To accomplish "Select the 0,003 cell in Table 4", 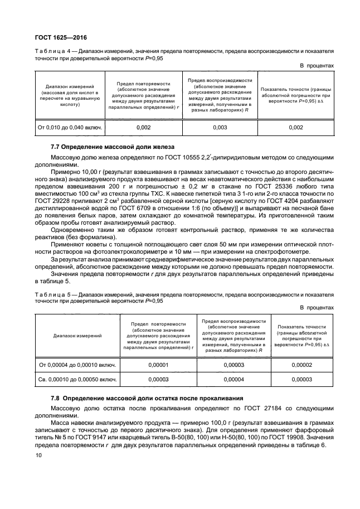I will [x=218, y=128].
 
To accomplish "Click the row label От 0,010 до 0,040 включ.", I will [x=70, y=128].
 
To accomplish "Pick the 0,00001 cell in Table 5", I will [x=158, y=365].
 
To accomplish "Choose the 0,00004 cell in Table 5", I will [x=233, y=379].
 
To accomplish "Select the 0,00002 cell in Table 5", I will [x=301, y=365].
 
